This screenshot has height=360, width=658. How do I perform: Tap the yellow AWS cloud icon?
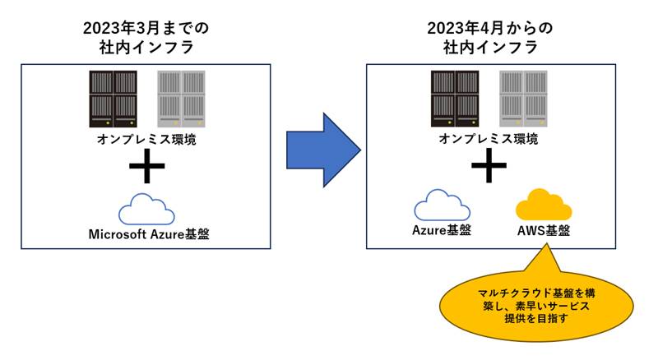(544, 205)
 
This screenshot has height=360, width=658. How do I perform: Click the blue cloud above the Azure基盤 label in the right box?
(442, 205)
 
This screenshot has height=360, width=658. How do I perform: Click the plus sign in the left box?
(146, 167)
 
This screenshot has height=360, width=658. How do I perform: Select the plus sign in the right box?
(489, 167)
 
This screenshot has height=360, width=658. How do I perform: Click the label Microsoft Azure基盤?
(148, 234)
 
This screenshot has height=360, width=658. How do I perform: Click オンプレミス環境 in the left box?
(146, 139)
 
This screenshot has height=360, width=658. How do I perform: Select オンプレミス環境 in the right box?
(489, 139)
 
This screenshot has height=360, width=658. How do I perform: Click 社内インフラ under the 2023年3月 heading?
(146, 48)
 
